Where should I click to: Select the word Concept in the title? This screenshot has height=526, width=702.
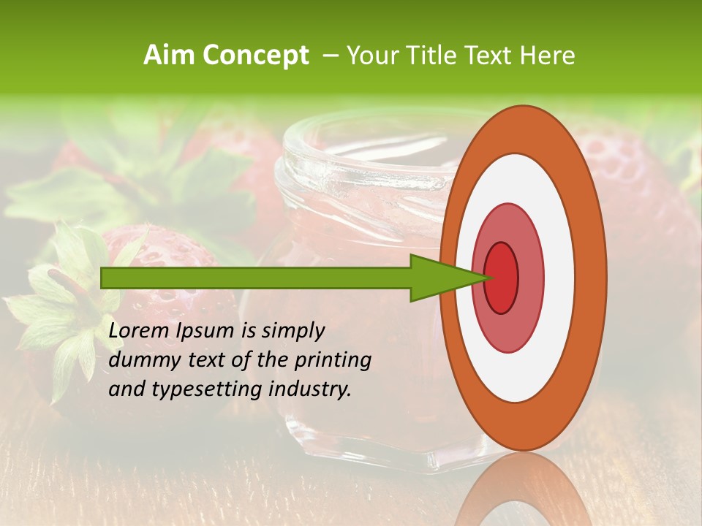tap(254, 56)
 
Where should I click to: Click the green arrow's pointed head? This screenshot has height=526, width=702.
tap(446, 278)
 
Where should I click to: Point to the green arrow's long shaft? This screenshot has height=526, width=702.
tap(256, 278)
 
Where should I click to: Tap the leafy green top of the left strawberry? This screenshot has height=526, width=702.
tap(62, 307)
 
